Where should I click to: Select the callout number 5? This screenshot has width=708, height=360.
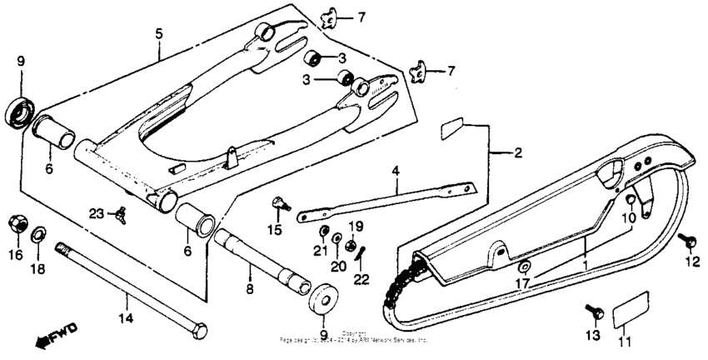[158, 33]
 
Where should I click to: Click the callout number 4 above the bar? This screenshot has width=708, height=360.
[396, 172]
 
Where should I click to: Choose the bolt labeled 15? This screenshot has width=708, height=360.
[278, 202]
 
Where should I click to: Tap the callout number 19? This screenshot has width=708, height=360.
[355, 227]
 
